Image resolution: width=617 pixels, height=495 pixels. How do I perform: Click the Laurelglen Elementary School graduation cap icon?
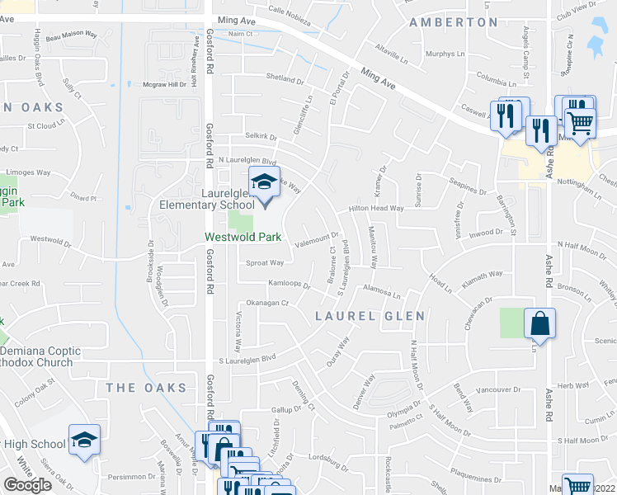[265, 182]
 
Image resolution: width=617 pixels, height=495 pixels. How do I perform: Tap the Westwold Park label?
[243, 238]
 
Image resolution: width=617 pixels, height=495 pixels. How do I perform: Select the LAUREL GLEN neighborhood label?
[370, 316]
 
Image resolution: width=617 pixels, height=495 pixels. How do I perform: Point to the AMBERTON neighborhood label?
[454, 22]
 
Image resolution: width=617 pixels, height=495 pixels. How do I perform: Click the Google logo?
[27, 485]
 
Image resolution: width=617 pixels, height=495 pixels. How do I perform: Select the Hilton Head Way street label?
[375, 209]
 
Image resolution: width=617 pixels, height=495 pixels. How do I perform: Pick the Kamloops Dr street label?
[288, 285]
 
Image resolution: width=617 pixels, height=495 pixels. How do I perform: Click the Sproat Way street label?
[265, 263]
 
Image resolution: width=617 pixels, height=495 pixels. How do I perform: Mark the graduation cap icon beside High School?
[84, 441]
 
